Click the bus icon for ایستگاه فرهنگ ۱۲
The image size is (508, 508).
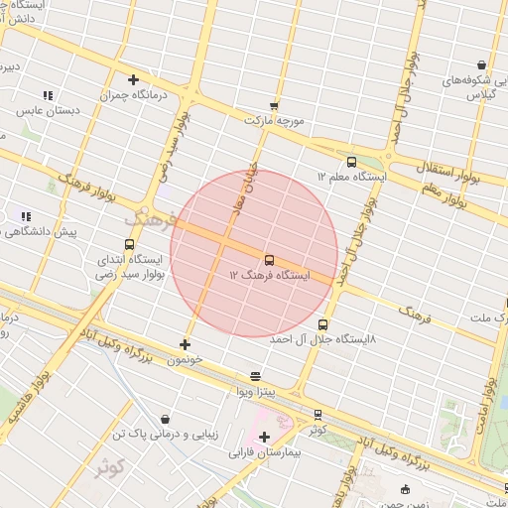[269, 260]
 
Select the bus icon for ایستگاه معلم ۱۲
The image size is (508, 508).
[351, 162]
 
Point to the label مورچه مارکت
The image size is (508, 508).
[273, 120]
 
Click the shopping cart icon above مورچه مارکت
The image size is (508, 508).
[274, 105]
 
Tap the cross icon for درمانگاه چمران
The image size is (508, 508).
[133, 79]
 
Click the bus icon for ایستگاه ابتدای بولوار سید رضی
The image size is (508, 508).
[129, 244]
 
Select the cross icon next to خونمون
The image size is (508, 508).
[185, 344]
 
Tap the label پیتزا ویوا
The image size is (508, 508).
[256, 392]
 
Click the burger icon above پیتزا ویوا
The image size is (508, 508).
[256, 377]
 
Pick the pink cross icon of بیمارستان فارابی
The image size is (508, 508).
[264, 437]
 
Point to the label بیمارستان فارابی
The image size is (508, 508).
[264, 452]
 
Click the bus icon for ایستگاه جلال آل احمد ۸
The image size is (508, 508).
[322, 324]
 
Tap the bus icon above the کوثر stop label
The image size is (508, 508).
[317, 415]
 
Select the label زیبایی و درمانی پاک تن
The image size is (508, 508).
[163, 435]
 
